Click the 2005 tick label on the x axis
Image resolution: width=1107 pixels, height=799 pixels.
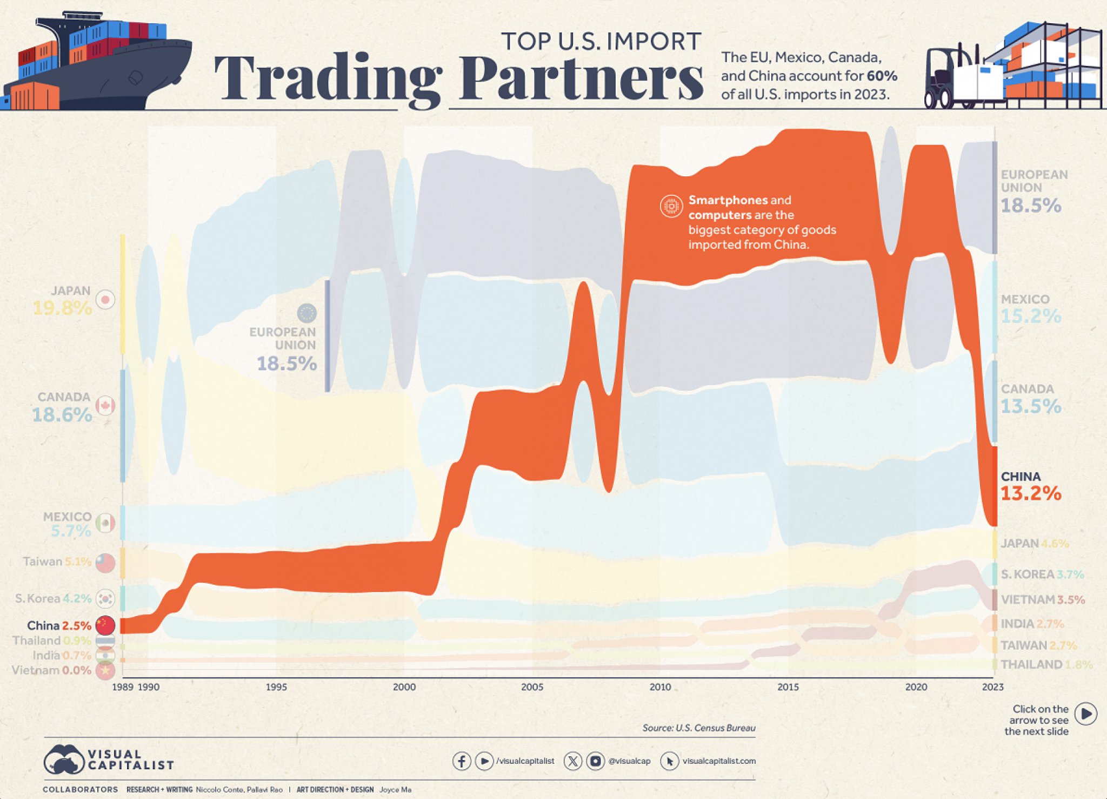pyautogui.click(x=532, y=687)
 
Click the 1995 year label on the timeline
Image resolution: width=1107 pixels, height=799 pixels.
pyautogui.click(x=276, y=687)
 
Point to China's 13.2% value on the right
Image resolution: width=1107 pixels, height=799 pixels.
pyautogui.click(x=1031, y=493)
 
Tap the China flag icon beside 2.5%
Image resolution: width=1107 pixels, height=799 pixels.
pyautogui.click(x=105, y=625)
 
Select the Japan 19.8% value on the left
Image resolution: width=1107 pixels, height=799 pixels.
pyautogui.click(x=62, y=308)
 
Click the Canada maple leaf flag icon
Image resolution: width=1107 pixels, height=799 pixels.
pyautogui.click(x=105, y=405)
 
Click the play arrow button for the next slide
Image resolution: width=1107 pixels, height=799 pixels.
pyautogui.click(x=1085, y=714)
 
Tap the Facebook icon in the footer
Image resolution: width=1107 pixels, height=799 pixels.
pyautogui.click(x=461, y=761)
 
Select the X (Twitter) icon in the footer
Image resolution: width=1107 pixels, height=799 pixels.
pyautogui.click(x=572, y=761)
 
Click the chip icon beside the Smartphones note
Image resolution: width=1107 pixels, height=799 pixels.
pyautogui.click(x=671, y=206)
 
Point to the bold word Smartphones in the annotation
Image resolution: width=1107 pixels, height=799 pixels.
pyautogui.click(x=728, y=200)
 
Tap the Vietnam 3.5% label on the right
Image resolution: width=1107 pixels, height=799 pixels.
pyautogui.click(x=1042, y=599)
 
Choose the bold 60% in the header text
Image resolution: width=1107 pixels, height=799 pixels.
pyautogui.click(x=882, y=76)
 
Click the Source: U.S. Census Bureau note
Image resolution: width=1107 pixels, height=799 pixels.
pyautogui.click(x=698, y=728)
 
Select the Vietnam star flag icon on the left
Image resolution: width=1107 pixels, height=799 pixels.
pyautogui.click(x=105, y=670)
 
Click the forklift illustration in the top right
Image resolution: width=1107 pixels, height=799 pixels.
pyautogui.click(x=951, y=78)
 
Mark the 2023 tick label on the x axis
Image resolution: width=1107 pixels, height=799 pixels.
pyautogui.click(x=993, y=687)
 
